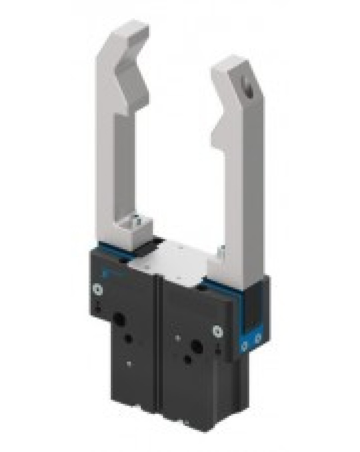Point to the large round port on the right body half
pos(196,346)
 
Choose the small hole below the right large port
pos(187,360)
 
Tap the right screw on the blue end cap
pos(258,338)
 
